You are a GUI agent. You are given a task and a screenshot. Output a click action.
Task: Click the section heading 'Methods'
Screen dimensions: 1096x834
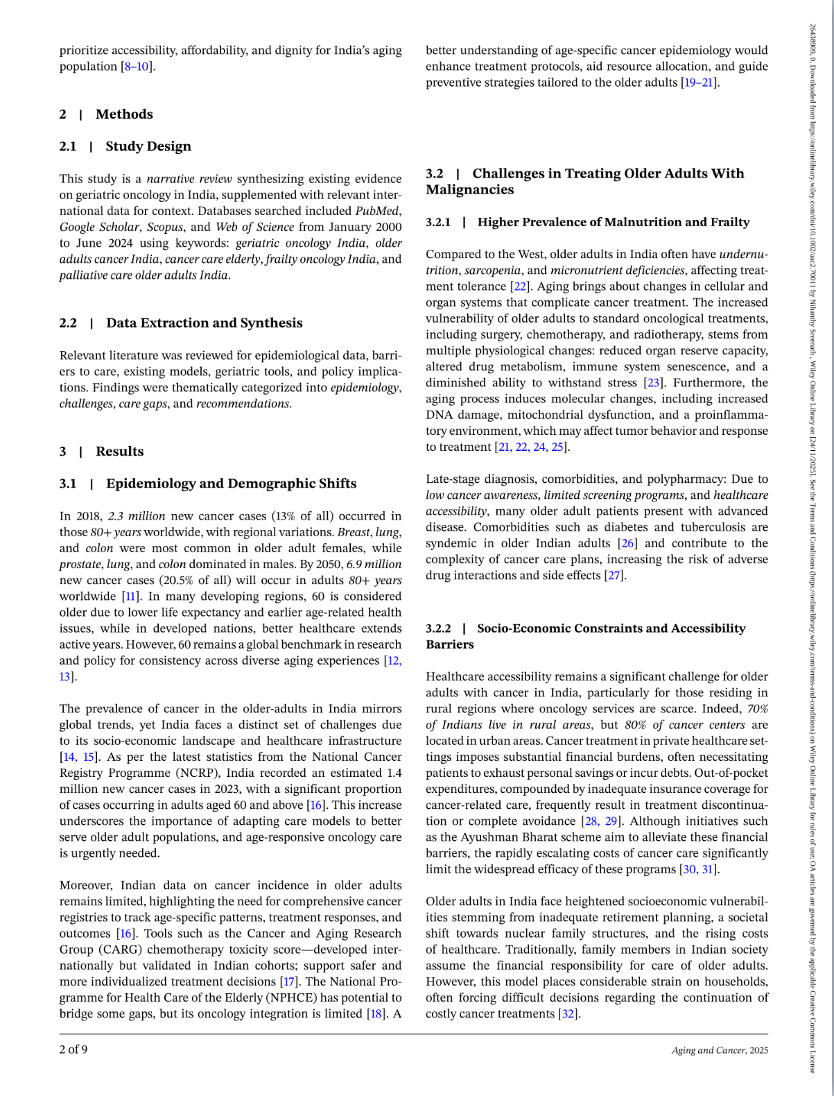click(123, 114)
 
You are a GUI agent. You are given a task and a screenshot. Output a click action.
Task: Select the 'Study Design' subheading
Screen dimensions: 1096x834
click(148, 146)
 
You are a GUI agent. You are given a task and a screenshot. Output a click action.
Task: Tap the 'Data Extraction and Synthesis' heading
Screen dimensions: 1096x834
click(204, 323)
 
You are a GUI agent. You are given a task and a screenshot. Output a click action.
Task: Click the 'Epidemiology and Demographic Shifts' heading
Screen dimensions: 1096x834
click(231, 483)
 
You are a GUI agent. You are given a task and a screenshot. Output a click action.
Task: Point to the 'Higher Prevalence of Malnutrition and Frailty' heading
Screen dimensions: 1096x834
click(613, 222)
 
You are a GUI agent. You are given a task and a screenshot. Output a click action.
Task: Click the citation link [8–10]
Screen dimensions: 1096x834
click(137, 67)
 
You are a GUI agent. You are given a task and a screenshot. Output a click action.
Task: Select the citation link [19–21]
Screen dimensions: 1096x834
click(699, 83)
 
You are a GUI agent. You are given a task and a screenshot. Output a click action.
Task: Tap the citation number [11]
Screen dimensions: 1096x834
click(130, 597)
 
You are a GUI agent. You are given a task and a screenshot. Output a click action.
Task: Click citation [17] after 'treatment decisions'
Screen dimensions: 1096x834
click(288, 982)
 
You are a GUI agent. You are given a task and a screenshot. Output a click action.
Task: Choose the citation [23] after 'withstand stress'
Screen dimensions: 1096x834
click(652, 383)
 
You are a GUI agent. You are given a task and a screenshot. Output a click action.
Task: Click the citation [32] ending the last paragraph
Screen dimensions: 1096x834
click(568, 1014)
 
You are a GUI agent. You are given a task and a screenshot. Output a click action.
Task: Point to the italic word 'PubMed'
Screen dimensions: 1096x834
click(378, 211)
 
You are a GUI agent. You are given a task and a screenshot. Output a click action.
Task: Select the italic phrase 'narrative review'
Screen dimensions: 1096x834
click(189, 179)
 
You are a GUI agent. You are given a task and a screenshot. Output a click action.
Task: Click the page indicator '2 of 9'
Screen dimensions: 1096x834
click(73, 1049)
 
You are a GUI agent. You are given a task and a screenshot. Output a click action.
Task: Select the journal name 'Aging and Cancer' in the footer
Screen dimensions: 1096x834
click(708, 1050)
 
